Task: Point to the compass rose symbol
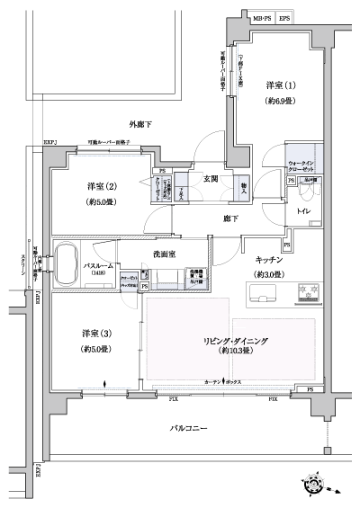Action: [x=315, y=484]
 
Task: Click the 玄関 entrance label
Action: [x=211, y=178]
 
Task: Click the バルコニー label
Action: [x=189, y=428]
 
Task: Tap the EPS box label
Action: [x=284, y=18]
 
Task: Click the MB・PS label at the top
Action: [x=259, y=18]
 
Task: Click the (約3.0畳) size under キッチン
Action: [x=269, y=274]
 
